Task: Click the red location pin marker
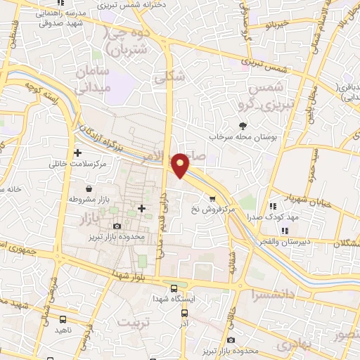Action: [x=181, y=164]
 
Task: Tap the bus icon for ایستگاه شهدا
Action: [x=174, y=288]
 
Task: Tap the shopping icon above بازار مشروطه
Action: [x=90, y=188]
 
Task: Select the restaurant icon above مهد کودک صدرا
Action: [x=273, y=207]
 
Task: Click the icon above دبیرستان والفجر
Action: [x=284, y=231]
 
